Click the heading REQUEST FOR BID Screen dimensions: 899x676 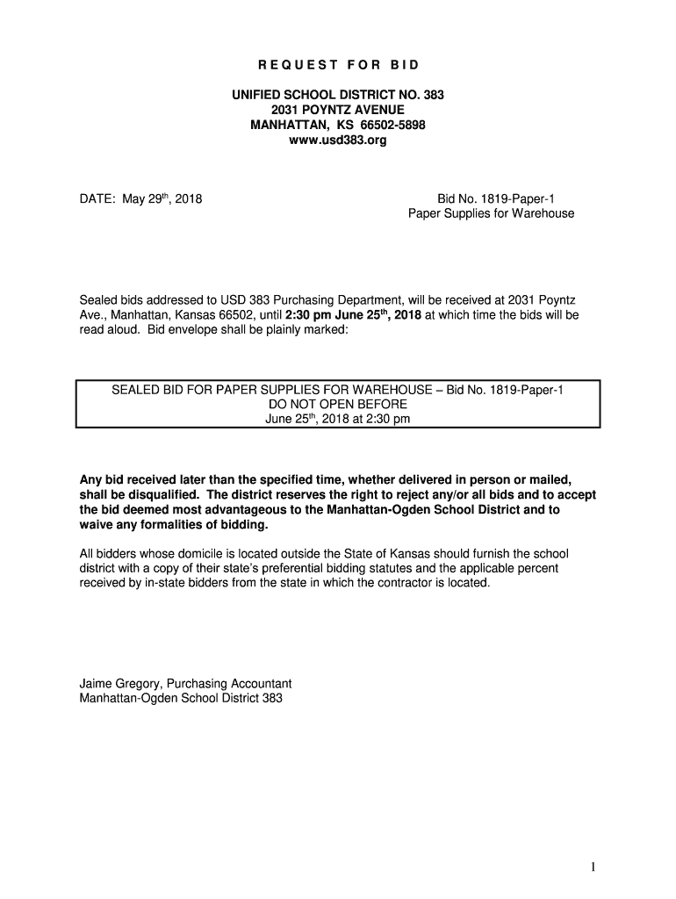(338, 65)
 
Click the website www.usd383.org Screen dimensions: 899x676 (337, 140)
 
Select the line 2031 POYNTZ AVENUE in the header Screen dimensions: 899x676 (337, 109)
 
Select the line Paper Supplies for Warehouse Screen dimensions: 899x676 (491, 213)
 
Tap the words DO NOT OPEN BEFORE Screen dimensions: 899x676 (337, 404)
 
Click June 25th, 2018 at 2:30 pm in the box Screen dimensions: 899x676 (337, 419)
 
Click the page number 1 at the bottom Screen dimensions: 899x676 (593, 868)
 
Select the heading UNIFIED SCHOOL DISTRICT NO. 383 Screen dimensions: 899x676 (337, 94)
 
